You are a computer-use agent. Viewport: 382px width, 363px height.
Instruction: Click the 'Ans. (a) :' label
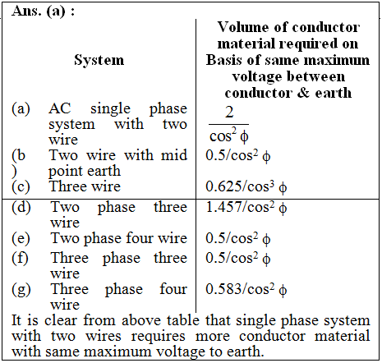tap(43, 11)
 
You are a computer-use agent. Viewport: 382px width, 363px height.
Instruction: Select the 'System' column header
tap(99, 60)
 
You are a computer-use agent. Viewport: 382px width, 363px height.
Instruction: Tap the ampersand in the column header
tap(303, 93)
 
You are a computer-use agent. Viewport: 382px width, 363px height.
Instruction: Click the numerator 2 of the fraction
tap(229, 113)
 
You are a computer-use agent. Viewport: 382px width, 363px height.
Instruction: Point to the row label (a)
tap(21, 108)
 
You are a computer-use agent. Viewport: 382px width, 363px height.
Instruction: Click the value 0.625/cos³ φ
tap(246, 187)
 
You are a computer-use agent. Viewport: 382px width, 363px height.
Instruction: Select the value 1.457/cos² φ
tap(246, 208)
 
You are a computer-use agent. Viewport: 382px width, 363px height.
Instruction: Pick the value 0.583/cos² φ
tap(246, 289)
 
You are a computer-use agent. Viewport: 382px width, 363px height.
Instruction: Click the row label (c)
tap(21, 187)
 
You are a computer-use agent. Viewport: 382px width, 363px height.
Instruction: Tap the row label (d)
tap(21, 207)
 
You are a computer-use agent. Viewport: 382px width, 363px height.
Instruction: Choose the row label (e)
tap(21, 238)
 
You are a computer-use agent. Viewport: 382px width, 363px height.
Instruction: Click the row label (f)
tap(20, 259)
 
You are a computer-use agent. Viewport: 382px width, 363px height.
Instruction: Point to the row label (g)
tap(21, 290)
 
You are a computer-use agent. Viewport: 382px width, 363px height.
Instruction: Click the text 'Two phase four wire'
tap(119, 238)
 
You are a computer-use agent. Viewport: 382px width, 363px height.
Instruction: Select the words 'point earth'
tap(85, 172)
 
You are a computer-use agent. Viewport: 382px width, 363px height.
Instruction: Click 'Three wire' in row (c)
tap(85, 186)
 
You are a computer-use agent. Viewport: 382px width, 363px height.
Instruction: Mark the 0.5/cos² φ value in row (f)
tap(238, 259)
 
